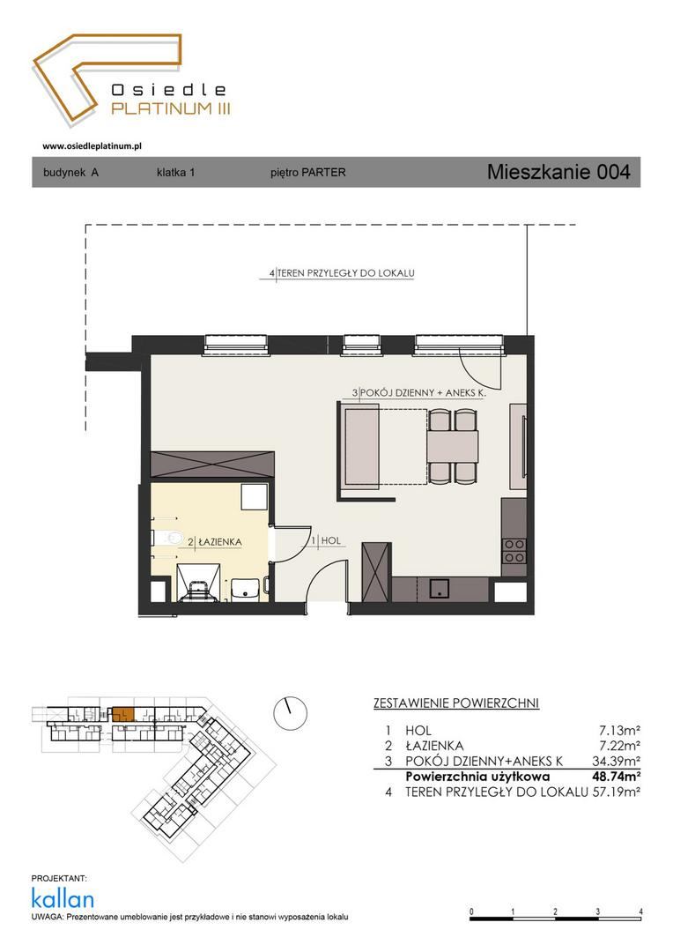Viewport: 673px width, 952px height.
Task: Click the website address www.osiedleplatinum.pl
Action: click(x=92, y=145)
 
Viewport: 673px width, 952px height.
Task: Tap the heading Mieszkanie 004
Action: click(x=558, y=172)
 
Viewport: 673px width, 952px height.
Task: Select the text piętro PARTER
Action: click(x=307, y=173)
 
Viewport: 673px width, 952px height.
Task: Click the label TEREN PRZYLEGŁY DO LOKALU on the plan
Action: click(x=346, y=273)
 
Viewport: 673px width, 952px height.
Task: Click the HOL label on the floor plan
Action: click(x=330, y=540)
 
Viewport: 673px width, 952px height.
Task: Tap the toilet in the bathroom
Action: click(x=168, y=538)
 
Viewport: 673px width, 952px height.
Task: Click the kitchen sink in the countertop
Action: click(x=439, y=588)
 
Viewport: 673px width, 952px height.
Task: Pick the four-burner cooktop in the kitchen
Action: click(x=514, y=551)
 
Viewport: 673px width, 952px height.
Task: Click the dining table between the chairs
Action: click(x=453, y=446)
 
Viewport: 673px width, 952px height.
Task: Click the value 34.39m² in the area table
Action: click(x=616, y=761)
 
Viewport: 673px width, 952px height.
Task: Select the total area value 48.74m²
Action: click(x=616, y=777)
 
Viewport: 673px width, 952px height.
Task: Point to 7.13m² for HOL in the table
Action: click(x=619, y=731)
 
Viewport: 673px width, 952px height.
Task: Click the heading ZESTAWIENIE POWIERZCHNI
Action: click(x=456, y=703)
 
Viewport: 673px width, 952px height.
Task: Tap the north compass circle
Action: click(x=290, y=713)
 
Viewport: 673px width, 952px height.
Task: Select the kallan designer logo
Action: click(x=63, y=898)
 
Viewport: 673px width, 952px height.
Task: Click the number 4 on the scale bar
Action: click(x=640, y=912)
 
